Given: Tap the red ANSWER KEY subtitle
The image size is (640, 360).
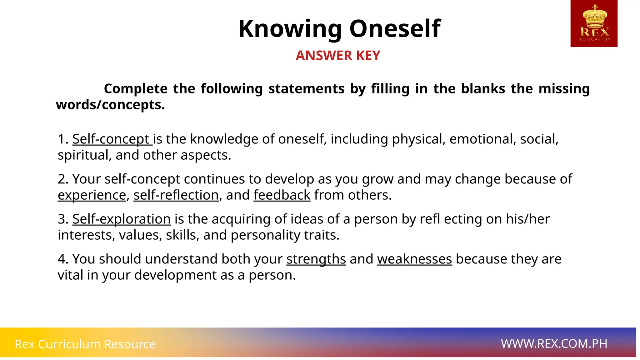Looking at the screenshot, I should [x=338, y=56].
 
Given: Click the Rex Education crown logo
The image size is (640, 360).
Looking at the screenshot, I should [x=594, y=23].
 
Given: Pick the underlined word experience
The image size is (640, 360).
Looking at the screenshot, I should [x=92, y=195].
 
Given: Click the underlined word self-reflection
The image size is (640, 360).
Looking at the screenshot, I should [x=176, y=195].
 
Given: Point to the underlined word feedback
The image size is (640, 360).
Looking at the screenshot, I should [x=282, y=195].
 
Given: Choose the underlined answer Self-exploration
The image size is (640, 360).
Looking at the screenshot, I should [x=121, y=219].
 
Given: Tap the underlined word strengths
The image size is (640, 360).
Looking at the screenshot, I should [x=316, y=259].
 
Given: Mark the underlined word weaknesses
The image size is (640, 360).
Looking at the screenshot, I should [x=414, y=259].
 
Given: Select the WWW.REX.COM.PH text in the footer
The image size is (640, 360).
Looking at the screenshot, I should [x=554, y=344].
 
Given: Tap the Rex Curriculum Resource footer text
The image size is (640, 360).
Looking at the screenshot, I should [x=85, y=344].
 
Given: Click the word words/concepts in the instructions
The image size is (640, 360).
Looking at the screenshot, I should [x=110, y=105].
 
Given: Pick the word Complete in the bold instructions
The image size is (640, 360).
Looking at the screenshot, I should [x=136, y=89].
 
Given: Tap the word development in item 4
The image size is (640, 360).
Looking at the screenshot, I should [x=175, y=275].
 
